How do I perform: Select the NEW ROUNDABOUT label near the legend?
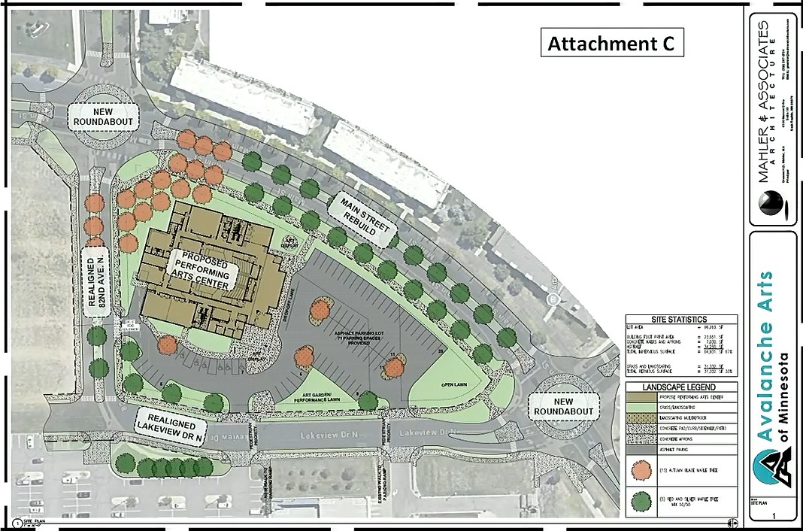coord(565,406)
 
